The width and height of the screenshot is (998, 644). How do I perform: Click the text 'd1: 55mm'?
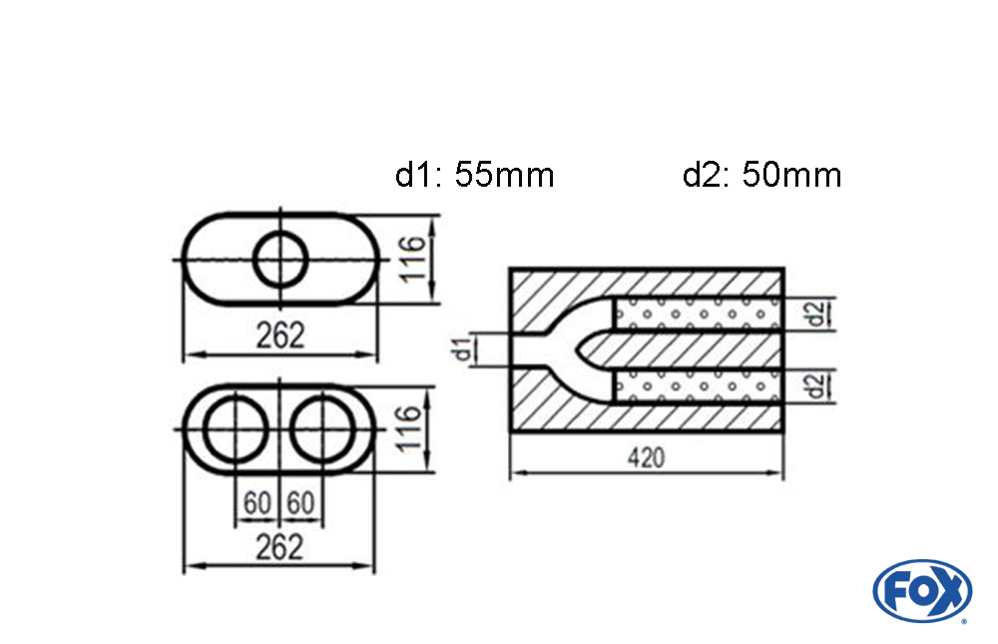(474, 176)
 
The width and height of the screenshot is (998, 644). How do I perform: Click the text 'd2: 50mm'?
(761, 176)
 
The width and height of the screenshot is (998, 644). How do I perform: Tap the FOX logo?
(921, 590)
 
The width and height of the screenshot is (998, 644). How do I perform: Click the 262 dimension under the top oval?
(279, 335)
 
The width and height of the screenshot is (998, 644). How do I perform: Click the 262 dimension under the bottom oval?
(279, 547)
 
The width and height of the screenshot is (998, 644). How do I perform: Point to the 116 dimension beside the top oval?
(417, 258)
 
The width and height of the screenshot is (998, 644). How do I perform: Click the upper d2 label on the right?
(816, 314)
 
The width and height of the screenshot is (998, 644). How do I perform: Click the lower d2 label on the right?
(816, 384)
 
